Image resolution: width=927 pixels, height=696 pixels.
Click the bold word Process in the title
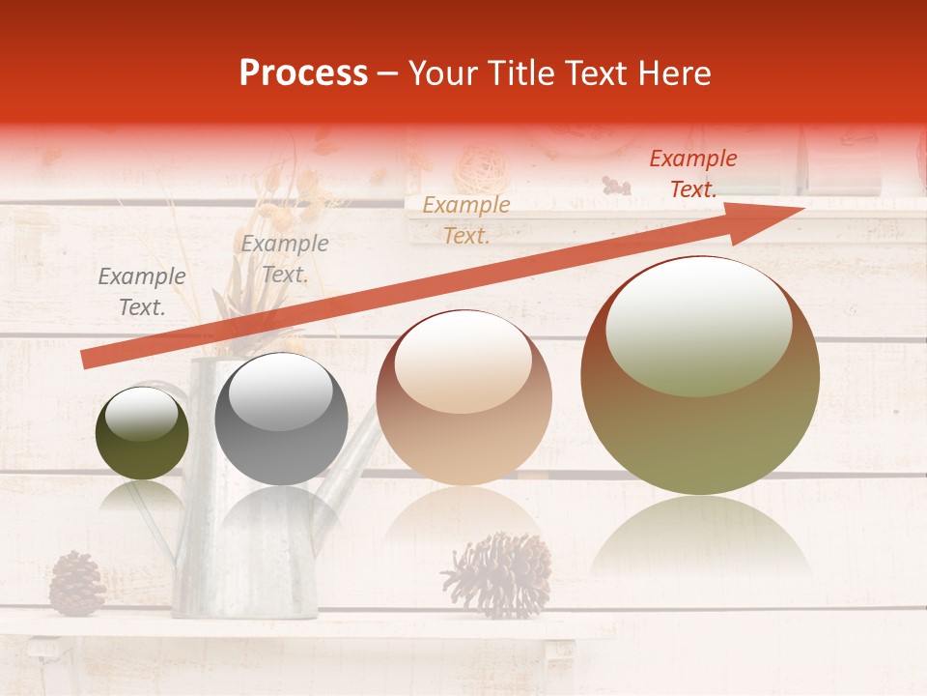pos(303,73)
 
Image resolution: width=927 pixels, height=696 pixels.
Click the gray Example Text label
pos(142,292)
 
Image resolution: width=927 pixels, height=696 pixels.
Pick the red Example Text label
pos(692,174)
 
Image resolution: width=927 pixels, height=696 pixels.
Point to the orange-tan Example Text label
pos(466,219)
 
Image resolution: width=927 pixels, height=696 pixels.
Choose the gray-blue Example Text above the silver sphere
pos(285,259)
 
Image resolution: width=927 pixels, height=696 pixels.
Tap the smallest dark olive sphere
pos(142,433)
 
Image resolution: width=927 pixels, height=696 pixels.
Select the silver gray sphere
pos(281,420)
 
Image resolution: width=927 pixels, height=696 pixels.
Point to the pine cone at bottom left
pos(76,584)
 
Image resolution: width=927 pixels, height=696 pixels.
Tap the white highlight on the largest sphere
pos(698,327)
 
